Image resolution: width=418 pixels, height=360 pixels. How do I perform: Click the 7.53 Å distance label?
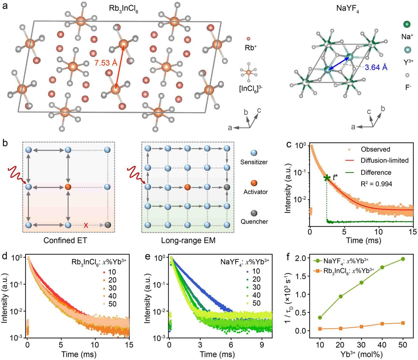[105, 63]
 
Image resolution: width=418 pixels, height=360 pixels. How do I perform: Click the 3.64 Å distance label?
[376, 68]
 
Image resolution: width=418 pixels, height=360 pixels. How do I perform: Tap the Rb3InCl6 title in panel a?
[124, 9]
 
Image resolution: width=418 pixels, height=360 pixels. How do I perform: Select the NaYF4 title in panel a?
[348, 9]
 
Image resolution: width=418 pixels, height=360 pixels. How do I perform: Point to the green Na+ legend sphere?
[407, 24]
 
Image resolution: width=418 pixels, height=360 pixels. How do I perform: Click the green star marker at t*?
[327, 178]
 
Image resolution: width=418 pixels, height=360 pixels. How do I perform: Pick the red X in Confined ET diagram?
[86, 225]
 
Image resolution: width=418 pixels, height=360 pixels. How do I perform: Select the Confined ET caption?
[65, 240]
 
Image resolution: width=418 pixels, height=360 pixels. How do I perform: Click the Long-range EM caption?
[188, 240]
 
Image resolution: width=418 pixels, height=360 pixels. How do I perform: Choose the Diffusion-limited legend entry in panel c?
[384, 161]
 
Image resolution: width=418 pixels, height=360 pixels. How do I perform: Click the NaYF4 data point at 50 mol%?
[403, 259]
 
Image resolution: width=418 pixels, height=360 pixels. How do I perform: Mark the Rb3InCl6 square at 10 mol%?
[320, 329]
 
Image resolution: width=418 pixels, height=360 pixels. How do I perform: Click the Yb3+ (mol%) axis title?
[361, 354]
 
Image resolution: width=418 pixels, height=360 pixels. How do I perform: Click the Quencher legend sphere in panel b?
[254, 213]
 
